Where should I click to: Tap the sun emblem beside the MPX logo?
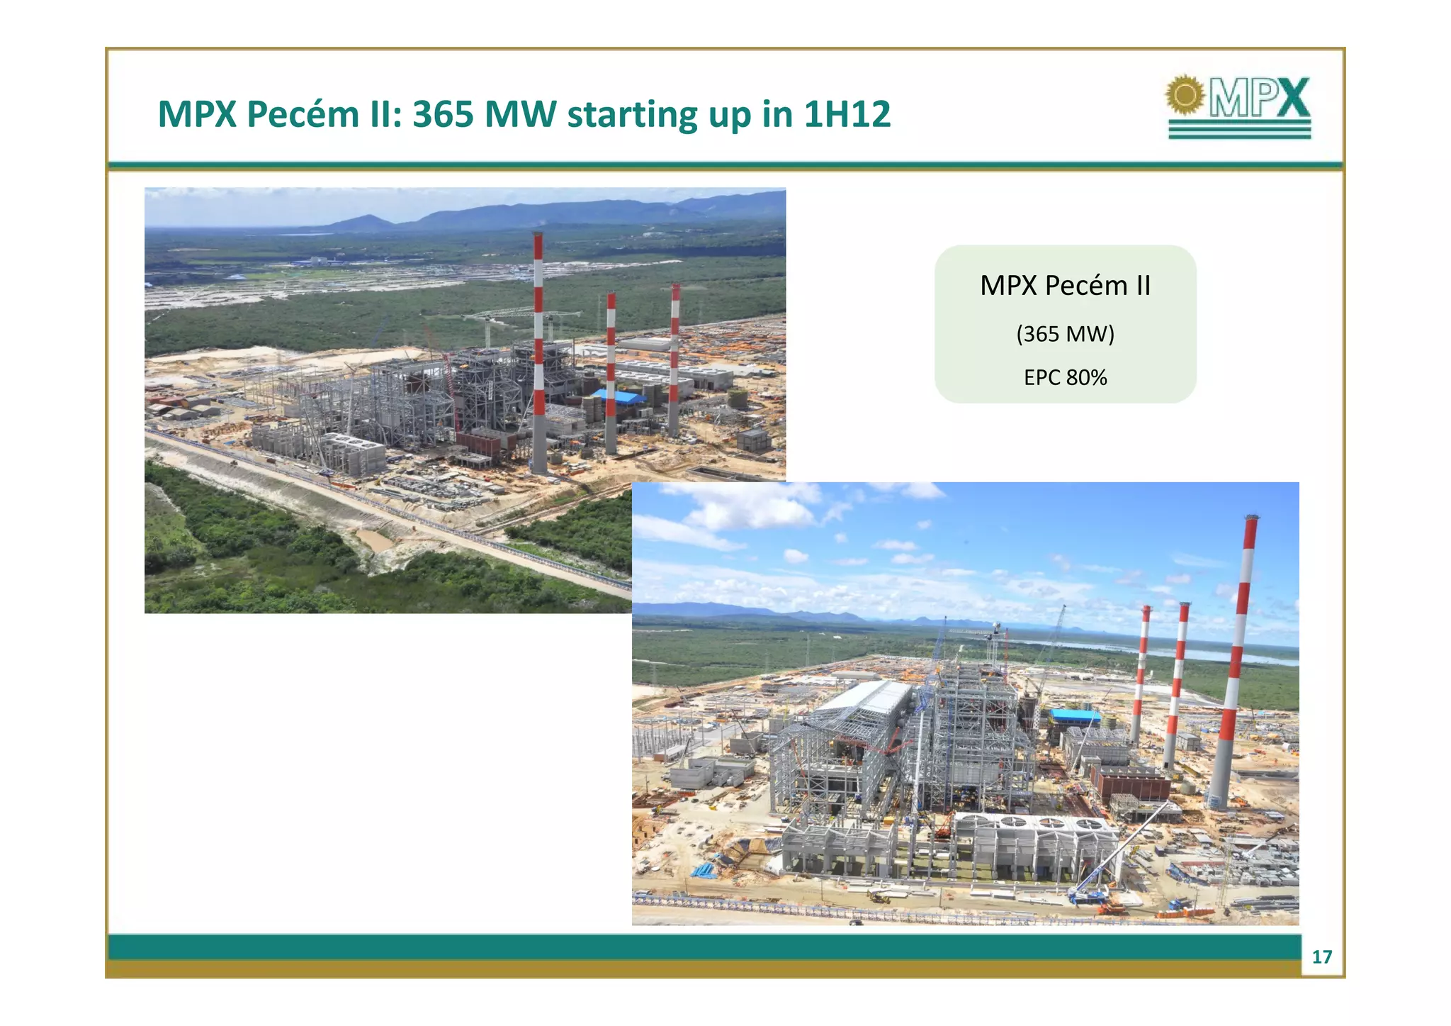click(x=1185, y=94)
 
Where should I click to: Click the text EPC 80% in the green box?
click(x=1065, y=377)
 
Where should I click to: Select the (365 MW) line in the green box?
click(x=1065, y=333)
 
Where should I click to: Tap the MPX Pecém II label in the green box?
click(x=1065, y=286)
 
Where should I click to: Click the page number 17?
click(x=1321, y=957)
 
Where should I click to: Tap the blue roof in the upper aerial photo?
click(x=618, y=396)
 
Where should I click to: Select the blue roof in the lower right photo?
click(x=1074, y=715)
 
